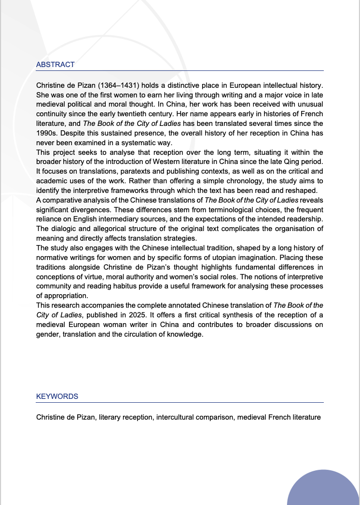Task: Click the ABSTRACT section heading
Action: tap(55, 65)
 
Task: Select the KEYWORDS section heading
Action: tap(57, 396)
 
